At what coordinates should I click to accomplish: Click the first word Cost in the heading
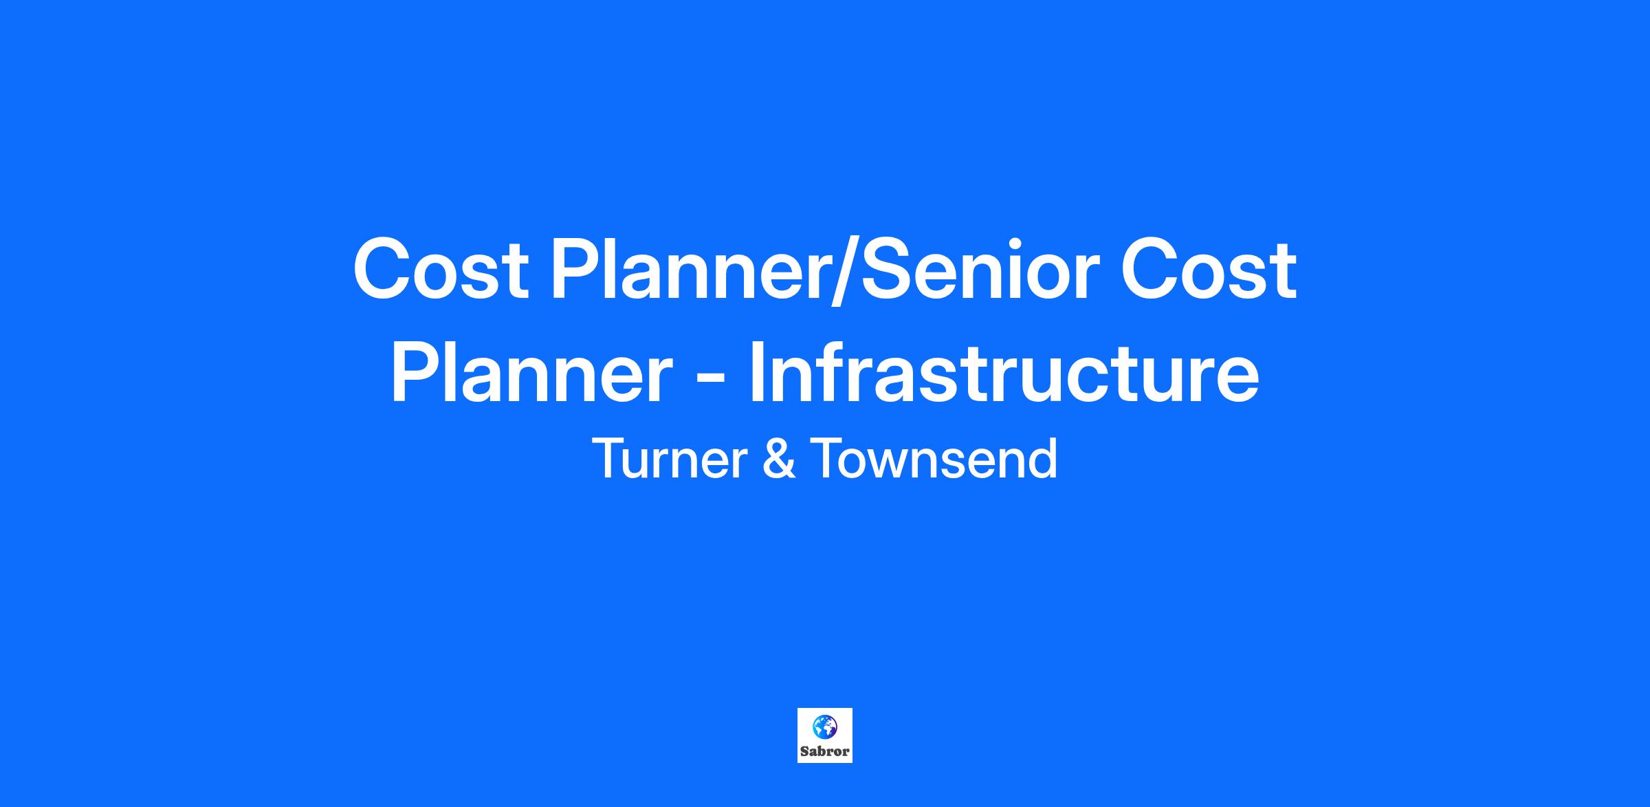point(441,268)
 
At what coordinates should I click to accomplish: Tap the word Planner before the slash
point(689,270)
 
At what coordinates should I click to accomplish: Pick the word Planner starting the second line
point(531,374)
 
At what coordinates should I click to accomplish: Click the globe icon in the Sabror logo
point(824,727)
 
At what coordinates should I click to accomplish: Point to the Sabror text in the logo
point(824,751)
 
